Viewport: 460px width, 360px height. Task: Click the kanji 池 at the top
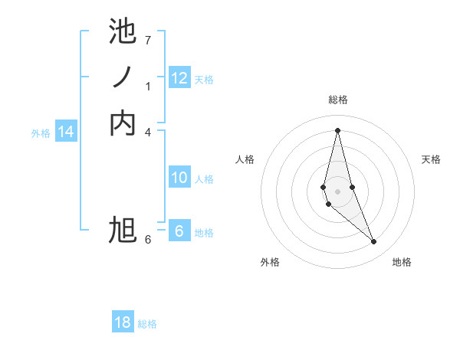point(123,32)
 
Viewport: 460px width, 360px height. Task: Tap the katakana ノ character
point(123,77)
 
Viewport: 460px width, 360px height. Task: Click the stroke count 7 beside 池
point(148,40)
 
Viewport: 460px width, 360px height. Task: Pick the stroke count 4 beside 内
point(148,132)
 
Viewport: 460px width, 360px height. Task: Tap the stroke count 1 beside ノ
point(148,87)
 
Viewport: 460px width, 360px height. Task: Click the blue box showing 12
point(179,78)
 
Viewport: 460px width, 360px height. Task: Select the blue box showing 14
point(66,133)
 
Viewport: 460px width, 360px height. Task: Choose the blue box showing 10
point(179,178)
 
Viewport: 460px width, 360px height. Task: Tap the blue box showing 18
point(123,322)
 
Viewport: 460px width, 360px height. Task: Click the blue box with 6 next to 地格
point(179,231)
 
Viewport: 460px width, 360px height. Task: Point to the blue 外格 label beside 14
point(41,133)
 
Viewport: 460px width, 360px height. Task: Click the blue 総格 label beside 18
point(147,324)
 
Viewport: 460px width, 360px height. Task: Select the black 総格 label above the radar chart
point(337,100)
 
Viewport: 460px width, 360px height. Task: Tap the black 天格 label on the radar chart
point(431,159)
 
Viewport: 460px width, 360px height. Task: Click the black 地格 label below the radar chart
point(402,262)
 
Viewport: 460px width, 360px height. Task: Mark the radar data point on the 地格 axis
point(374,241)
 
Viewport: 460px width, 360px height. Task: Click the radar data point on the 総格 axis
point(337,129)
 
